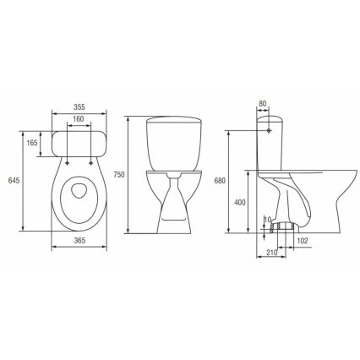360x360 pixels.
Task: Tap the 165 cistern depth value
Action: pyautogui.click(x=32, y=144)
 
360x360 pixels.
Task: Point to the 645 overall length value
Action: pyautogui.click(x=12, y=181)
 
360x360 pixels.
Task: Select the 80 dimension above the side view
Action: pyautogui.click(x=263, y=105)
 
